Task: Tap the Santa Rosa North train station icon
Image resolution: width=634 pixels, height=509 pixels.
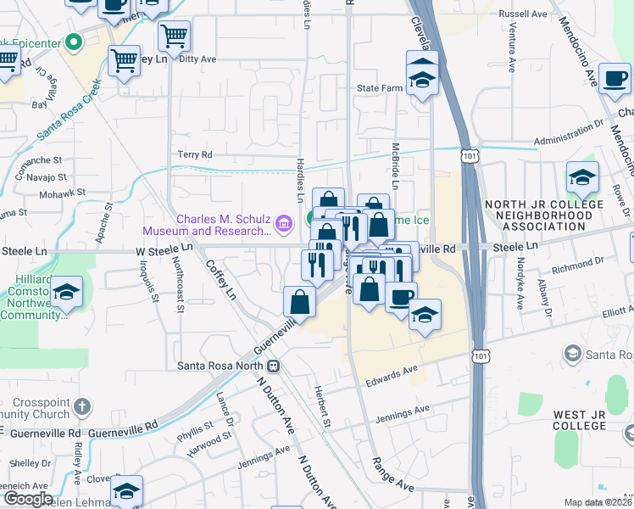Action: [274, 366]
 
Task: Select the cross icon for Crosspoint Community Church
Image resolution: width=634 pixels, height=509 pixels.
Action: [82, 406]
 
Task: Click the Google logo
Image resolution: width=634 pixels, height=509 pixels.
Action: [27, 499]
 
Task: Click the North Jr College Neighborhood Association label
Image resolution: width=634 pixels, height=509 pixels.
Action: [538, 215]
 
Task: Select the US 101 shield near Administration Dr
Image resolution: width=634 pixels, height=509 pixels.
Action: [471, 155]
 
